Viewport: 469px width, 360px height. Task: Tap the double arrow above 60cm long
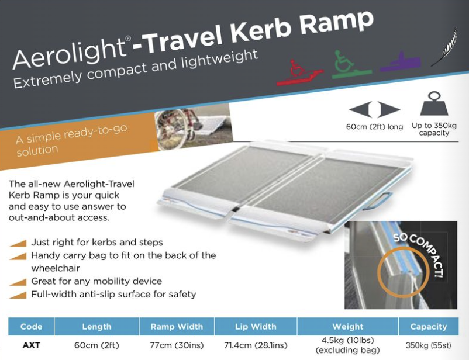coord(374,109)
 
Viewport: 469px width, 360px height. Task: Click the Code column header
coord(31,327)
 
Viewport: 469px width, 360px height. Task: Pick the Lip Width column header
coord(256,327)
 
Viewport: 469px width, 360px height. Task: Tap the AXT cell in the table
coord(31,345)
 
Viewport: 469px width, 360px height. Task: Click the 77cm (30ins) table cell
coord(177,345)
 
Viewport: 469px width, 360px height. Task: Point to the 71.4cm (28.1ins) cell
coord(256,345)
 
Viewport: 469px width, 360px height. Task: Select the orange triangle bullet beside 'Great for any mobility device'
coord(18,282)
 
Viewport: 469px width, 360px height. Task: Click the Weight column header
coord(347,327)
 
